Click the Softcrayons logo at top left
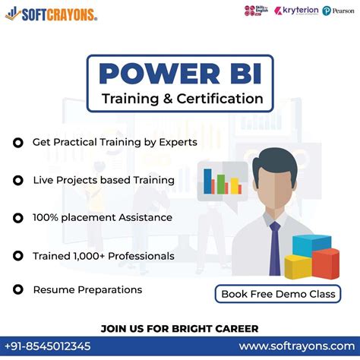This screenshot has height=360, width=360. point(52,13)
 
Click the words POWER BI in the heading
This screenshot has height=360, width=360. point(179,74)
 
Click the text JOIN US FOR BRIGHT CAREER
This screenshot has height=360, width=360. point(179,328)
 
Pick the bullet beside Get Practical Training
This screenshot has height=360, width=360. point(17,143)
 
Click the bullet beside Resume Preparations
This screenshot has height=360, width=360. point(17,290)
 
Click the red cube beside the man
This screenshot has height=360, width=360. point(325,263)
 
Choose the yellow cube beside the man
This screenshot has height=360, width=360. point(298,267)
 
